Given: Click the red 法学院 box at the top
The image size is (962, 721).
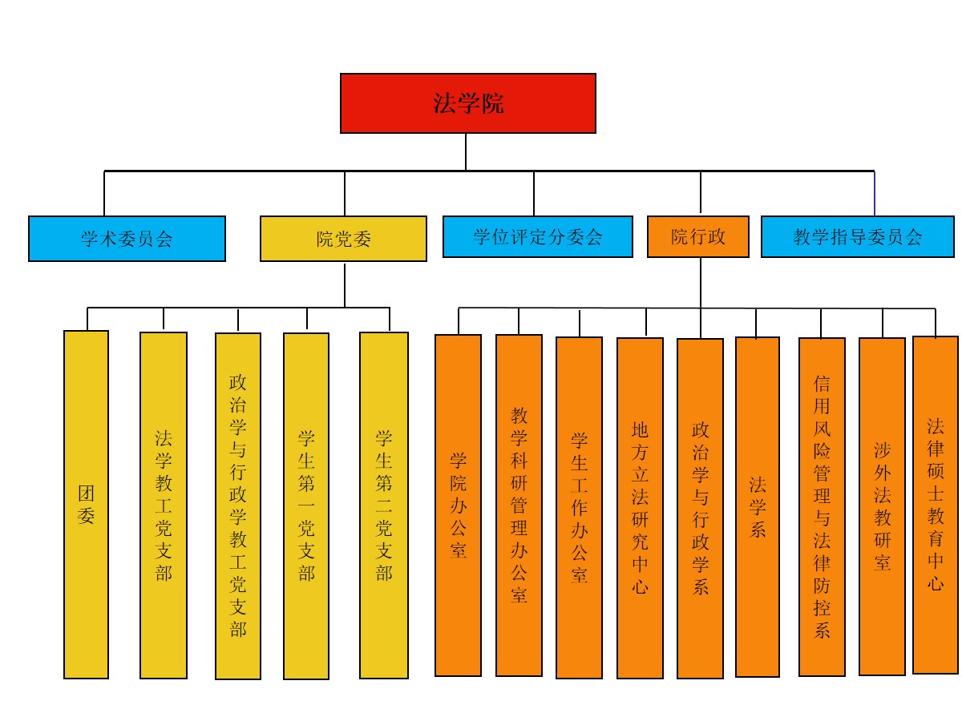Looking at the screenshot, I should pyautogui.click(x=467, y=103).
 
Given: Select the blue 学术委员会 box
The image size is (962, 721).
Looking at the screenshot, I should pyautogui.click(x=127, y=238).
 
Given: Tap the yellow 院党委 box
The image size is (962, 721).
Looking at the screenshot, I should pyautogui.click(x=343, y=238).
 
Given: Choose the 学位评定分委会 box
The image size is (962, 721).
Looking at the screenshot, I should pyautogui.click(x=537, y=236).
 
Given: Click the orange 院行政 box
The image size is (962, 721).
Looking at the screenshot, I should pyautogui.click(x=697, y=236).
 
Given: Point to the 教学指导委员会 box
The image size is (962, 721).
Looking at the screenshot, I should pyautogui.click(x=857, y=236).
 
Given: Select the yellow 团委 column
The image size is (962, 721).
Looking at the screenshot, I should pyautogui.click(x=86, y=505).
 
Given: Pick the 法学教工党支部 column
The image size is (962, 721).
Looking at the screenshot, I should pyautogui.click(x=164, y=506).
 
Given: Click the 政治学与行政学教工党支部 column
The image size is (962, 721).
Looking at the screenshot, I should pyautogui.click(x=238, y=506).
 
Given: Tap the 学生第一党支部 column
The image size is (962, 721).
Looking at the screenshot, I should pyautogui.click(x=306, y=506).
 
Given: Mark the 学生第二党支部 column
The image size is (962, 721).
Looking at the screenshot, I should pyautogui.click(x=384, y=506).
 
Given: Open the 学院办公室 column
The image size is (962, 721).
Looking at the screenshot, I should pyautogui.click(x=458, y=506).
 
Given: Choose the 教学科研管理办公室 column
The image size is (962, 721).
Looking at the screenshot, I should pyautogui.click(x=519, y=506).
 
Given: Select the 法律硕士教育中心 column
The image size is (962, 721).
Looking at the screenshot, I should pyautogui.click(x=936, y=505).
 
